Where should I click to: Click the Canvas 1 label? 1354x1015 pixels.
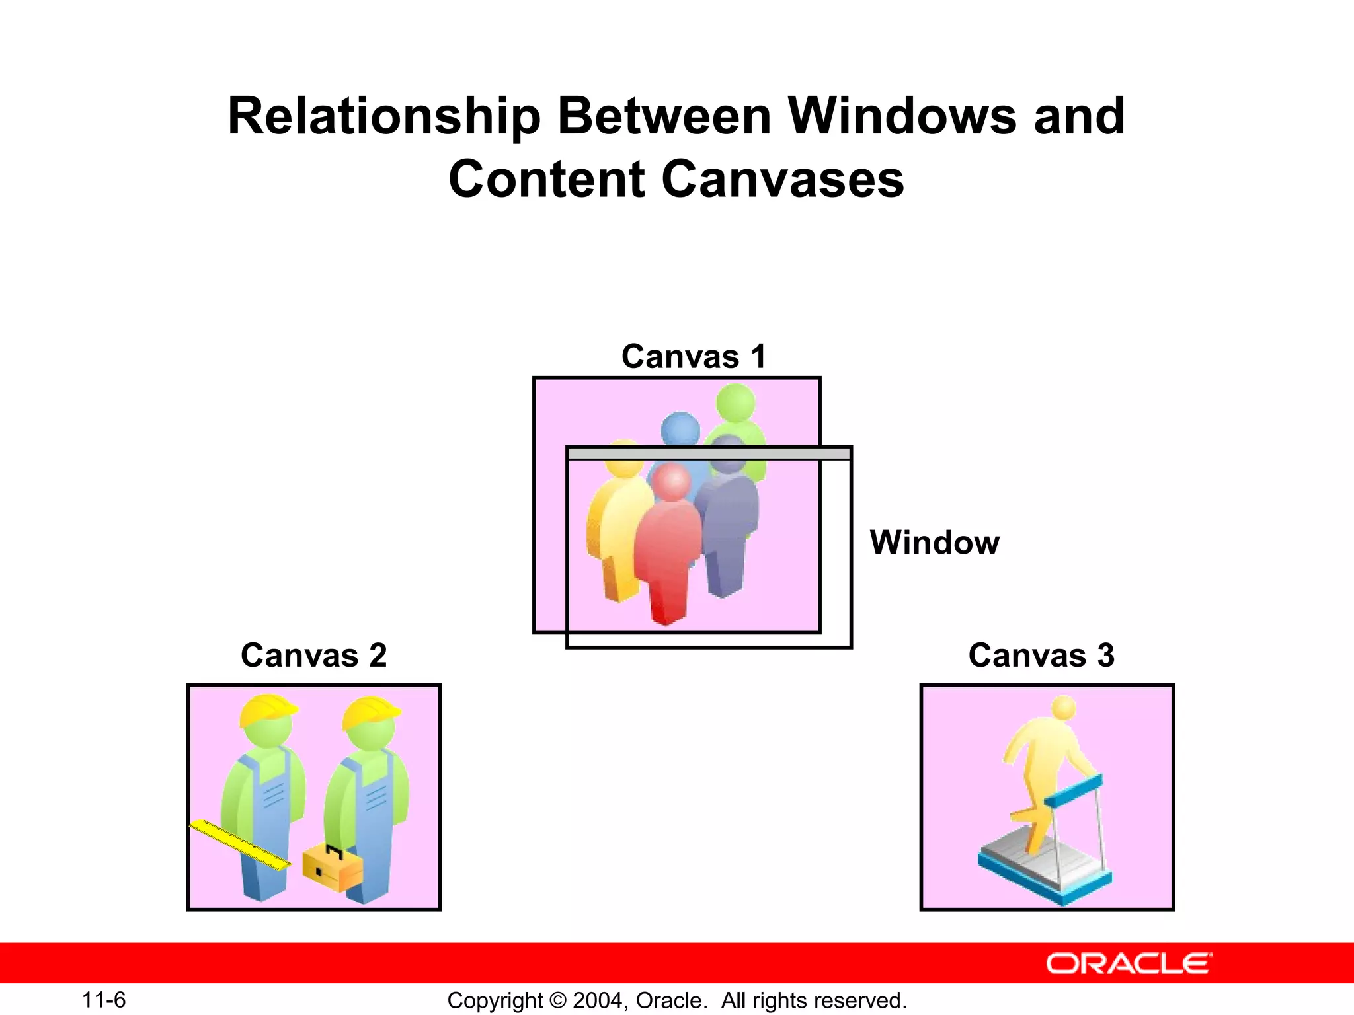pyautogui.click(x=694, y=357)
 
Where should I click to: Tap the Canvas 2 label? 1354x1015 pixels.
pyautogui.click(x=313, y=656)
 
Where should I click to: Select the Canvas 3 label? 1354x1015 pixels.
pyautogui.click(x=1041, y=656)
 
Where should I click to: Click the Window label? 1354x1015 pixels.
pyautogui.click(x=934, y=543)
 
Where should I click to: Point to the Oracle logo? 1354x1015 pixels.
pyautogui.click(x=1129, y=963)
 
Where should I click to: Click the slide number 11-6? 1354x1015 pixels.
pyautogui.click(x=104, y=1000)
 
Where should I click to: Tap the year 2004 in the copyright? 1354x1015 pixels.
pyautogui.click(x=597, y=1000)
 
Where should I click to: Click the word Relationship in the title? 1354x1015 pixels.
pyautogui.click(x=384, y=116)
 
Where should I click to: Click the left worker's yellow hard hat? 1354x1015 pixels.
pyautogui.click(x=267, y=710)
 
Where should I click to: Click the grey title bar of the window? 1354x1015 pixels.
pyautogui.click(x=709, y=453)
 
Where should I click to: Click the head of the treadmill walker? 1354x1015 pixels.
pyautogui.click(x=1064, y=708)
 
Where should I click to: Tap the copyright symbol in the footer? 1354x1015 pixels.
pyautogui.click(x=557, y=1000)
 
